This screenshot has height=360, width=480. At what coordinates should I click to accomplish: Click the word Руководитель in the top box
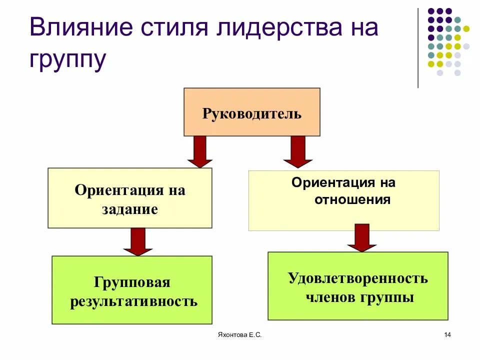pyautogui.click(x=252, y=113)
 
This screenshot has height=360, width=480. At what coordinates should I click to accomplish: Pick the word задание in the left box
pyautogui.click(x=130, y=209)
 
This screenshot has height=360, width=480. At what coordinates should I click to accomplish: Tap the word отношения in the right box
pyautogui.click(x=352, y=200)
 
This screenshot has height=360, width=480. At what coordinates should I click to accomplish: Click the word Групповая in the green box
pyautogui.click(x=132, y=283)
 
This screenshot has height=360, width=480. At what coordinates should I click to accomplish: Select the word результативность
pyautogui.click(x=133, y=301)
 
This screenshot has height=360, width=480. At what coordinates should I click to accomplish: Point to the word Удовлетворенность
pyautogui.click(x=358, y=278)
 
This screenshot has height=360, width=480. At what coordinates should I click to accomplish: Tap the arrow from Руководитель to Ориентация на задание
pyautogui.click(x=200, y=152)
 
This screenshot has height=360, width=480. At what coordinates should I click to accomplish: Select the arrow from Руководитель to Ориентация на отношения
pyautogui.click(x=298, y=152)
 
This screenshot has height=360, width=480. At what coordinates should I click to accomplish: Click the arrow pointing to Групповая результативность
pyautogui.click(x=138, y=242)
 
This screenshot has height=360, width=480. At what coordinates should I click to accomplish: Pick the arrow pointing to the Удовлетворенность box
pyautogui.click(x=362, y=238)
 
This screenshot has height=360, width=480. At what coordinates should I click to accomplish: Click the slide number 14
pyautogui.click(x=447, y=334)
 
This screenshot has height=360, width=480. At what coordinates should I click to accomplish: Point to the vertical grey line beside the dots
pyautogui.click(x=418, y=48)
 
